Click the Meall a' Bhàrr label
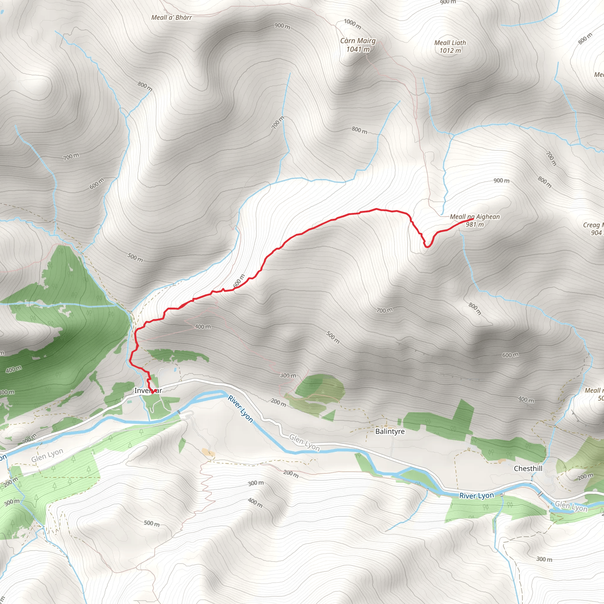[171, 17]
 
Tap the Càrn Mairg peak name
[358, 41]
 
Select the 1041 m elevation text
[358, 49]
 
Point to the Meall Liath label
[450, 43]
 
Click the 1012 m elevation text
[450, 51]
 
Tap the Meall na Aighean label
[475, 217]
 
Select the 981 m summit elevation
[475, 224]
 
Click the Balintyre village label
[390, 431]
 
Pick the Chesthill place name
[528, 469]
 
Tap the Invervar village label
[148, 390]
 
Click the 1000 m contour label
[352, 24]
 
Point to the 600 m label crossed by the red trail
[239, 280]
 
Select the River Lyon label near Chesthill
[477, 495]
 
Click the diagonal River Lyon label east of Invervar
[240, 408]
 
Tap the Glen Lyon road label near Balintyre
[304, 442]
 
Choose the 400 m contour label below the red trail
[203, 327]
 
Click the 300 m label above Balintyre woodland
[288, 375]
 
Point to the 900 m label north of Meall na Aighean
[501, 181]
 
